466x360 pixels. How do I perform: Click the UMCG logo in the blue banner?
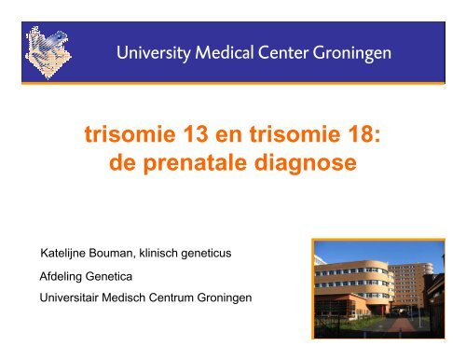pyautogui.click(x=48, y=52)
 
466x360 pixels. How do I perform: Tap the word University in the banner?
pyautogui.click(x=154, y=53)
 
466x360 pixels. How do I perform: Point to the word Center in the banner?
pyautogui.click(x=282, y=52)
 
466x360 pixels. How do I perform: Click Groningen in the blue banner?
pyautogui.click(x=351, y=53)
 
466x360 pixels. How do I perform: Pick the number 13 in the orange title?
pyautogui.click(x=196, y=134)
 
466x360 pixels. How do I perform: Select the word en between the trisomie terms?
pyautogui.click(x=228, y=136)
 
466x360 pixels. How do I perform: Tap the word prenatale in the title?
pyautogui.click(x=195, y=163)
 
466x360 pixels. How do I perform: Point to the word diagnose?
pyautogui.click(x=306, y=163)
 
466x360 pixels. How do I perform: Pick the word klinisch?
pyautogui.click(x=158, y=253)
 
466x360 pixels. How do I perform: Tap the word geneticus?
pyautogui.click(x=206, y=254)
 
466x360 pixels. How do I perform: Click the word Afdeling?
pyautogui.click(x=61, y=277)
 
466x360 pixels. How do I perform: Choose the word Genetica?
pyautogui.click(x=108, y=276)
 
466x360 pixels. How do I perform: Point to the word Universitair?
pyautogui.click(x=69, y=298)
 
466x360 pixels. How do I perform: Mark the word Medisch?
pyautogui.click(x=124, y=298)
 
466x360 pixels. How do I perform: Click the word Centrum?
pyautogui.click(x=171, y=298)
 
